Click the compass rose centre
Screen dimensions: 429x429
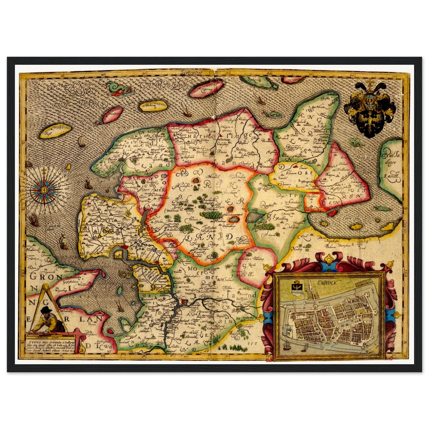tap(44, 189)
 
